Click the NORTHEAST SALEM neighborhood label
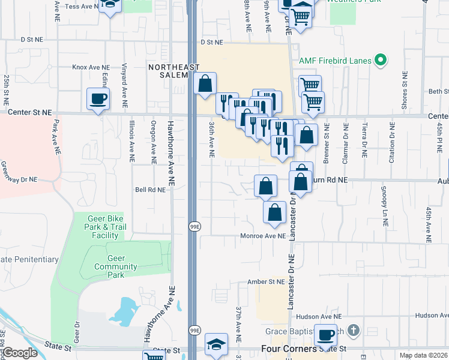[x=174, y=71]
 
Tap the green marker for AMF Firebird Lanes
[x=380, y=60]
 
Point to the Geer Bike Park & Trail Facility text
[x=105, y=227]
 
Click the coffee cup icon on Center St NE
[x=98, y=99]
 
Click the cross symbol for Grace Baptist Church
[x=354, y=331]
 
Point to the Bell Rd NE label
[x=149, y=190]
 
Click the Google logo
[x=20, y=353]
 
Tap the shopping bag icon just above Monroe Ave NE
[x=274, y=212]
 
